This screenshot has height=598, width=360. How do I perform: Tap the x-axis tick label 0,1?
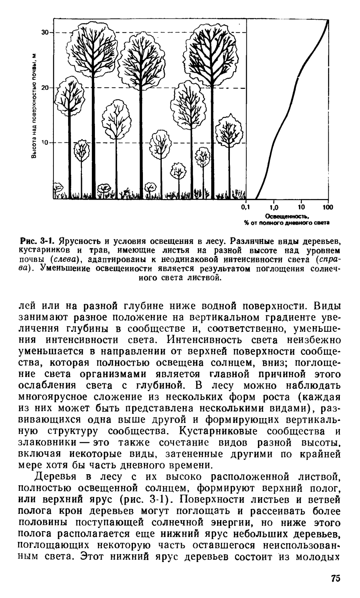point(246,207)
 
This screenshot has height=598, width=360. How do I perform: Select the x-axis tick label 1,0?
point(274,207)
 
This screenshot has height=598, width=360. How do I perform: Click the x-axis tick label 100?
point(328,207)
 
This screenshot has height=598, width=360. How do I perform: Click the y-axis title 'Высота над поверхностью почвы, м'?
point(35,106)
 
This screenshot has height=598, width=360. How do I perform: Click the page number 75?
point(335,578)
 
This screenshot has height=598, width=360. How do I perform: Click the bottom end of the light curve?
point(255,197)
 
